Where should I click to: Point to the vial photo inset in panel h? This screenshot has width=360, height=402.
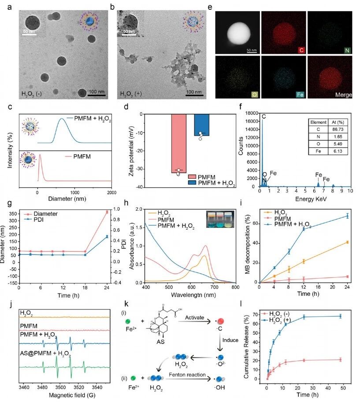(218, 219)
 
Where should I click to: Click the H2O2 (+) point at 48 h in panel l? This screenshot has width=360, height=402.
(339, 316)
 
